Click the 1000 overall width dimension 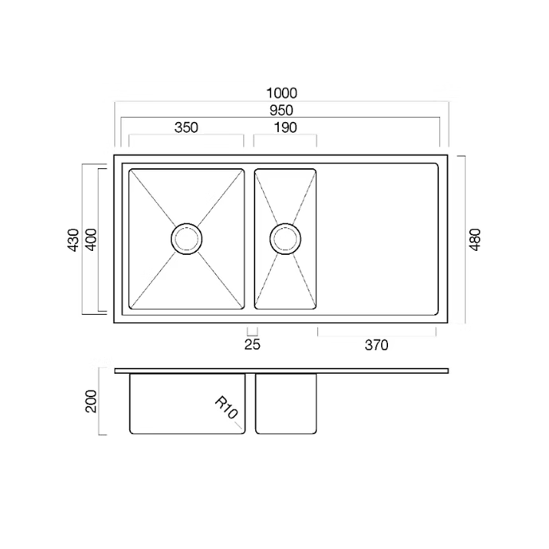(282, 93)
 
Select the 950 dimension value (281, 110)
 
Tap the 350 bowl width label (186, 127)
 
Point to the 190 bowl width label (285, 127)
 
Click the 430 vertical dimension (73, 240)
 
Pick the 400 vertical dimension (91, 240)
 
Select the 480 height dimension (475, 240)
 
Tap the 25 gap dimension (253, 344)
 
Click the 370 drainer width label (377, 345)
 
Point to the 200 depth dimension (91, 402)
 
